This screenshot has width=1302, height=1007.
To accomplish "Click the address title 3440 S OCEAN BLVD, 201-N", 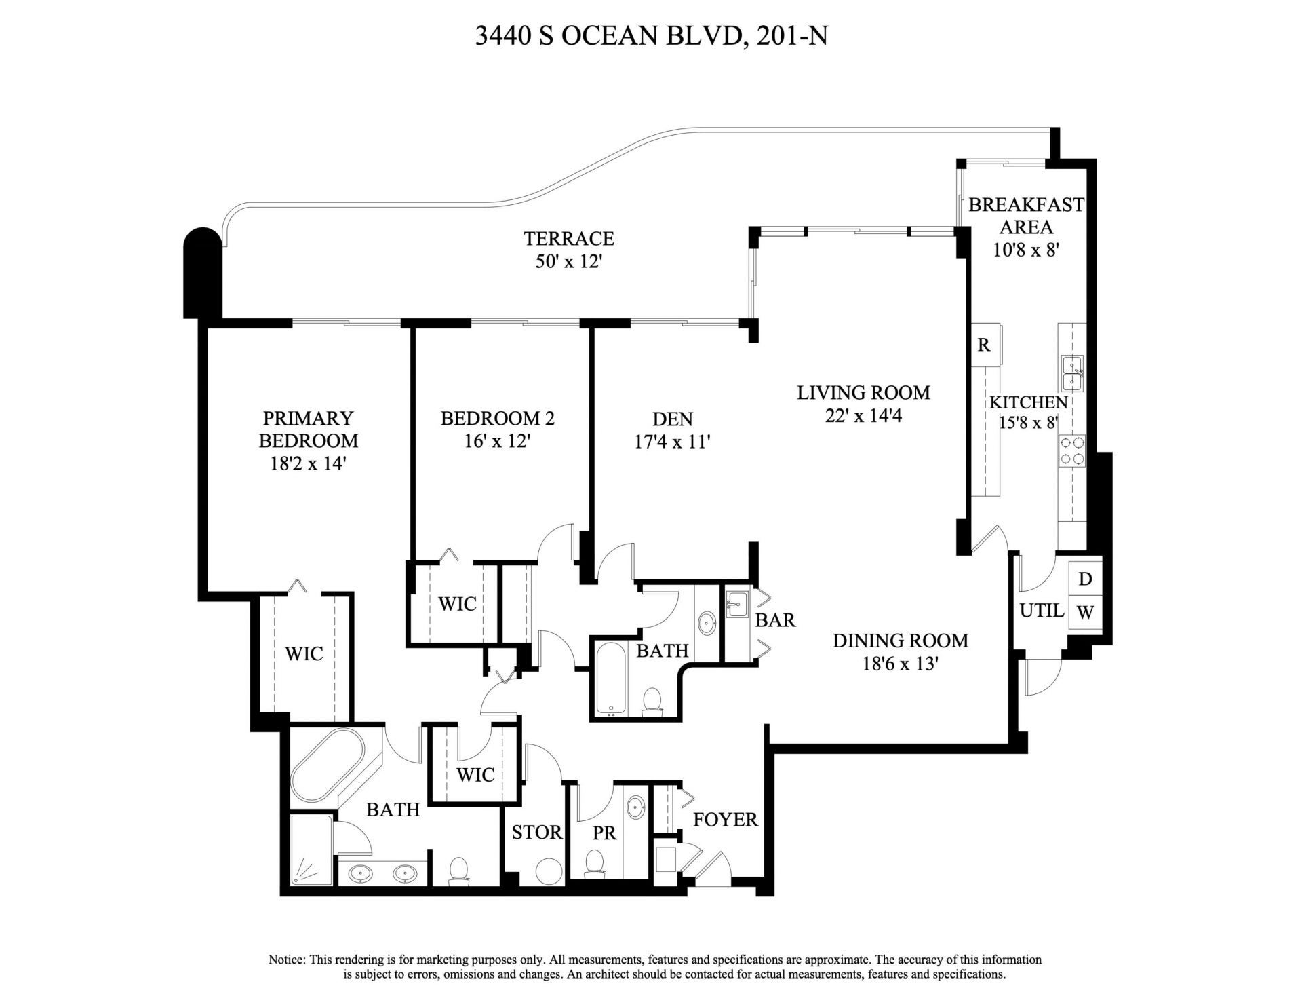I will (x=651, y=35).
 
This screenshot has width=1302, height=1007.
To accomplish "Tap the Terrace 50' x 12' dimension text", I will (x=569, y=261).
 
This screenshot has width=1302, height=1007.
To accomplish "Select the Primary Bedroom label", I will (x=309, y=429).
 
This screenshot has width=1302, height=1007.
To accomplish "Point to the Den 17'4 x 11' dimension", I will (x=672, y=442).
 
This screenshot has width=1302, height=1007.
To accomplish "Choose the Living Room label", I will (x=863, y=392).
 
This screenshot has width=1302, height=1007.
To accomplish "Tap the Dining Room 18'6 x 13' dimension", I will (x=900, y=663).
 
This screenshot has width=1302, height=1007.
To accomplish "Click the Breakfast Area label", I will (x=1025, y=215).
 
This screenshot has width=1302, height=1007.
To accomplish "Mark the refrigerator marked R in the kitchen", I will (x=983, y=345).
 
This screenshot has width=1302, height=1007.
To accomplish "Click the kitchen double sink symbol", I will (x=1071, y=373).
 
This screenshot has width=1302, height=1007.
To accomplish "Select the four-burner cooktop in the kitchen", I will (x=1071, y=451).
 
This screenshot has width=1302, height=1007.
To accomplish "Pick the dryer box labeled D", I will (x=1085, y=579).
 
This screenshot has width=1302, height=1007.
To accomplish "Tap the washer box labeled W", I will (x=1085, y=612).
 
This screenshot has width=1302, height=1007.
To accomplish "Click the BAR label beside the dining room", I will (x=775, y=620).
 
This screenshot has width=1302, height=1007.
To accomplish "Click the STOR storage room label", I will (x=536, y=832).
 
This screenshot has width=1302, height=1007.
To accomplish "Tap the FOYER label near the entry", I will (x=725, y=819).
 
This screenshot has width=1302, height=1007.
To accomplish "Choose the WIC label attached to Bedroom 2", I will (x=457, y=603).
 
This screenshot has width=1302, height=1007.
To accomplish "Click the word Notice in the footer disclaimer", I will (x=288, y=959).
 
